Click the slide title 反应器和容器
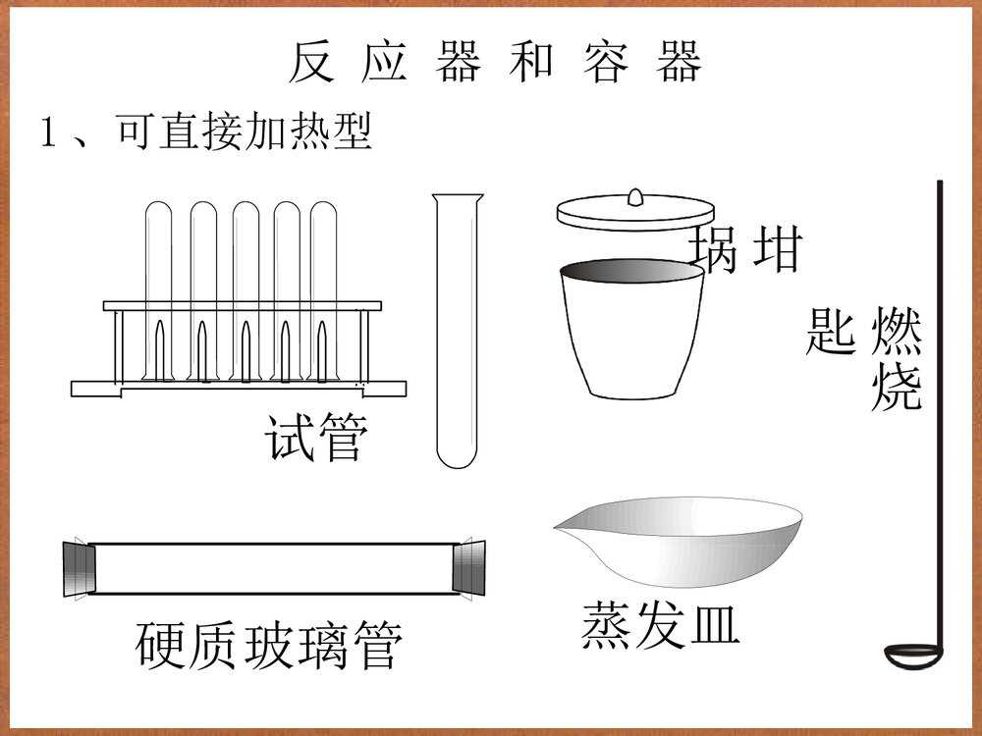point(495,62)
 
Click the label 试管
point(316,438)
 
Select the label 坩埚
point(747,248)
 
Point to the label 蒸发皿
point(660,624)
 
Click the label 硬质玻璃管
point(269,645)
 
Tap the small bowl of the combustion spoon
point(911,655)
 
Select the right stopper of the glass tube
point(470,566)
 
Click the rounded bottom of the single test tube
point(458,456)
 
